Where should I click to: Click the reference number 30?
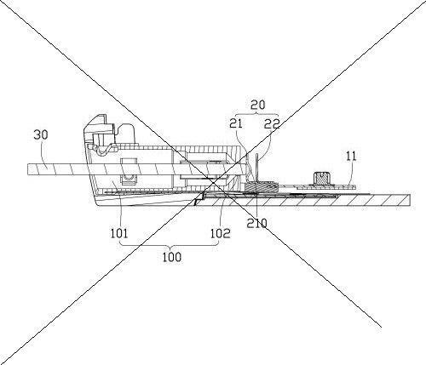[x=41, y=134]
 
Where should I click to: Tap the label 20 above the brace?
[x=257, y=105]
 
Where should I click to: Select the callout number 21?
[x=236, y=123]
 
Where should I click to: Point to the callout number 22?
[x=272, y=123]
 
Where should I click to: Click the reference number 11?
[x=351, y=157]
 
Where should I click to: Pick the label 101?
[x=119, y=233]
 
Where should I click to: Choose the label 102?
[x=221, y=233]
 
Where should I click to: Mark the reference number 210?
[x=256, y=224]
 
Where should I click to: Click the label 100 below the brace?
[x=171, y=257]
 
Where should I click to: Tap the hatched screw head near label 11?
[x=320, y=178]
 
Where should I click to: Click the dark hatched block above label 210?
[x=262, y=186]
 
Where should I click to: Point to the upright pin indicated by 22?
[x=257, y=168]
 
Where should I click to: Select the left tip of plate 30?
[x=28, y=169]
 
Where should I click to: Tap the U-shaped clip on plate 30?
[x=129, y=171]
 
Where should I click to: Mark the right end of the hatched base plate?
[x=410, y=200]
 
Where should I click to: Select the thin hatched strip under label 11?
[x=326, y=187]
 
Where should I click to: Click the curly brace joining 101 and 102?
[x=170, y=245]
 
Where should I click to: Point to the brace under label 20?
[x=257, y=114]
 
